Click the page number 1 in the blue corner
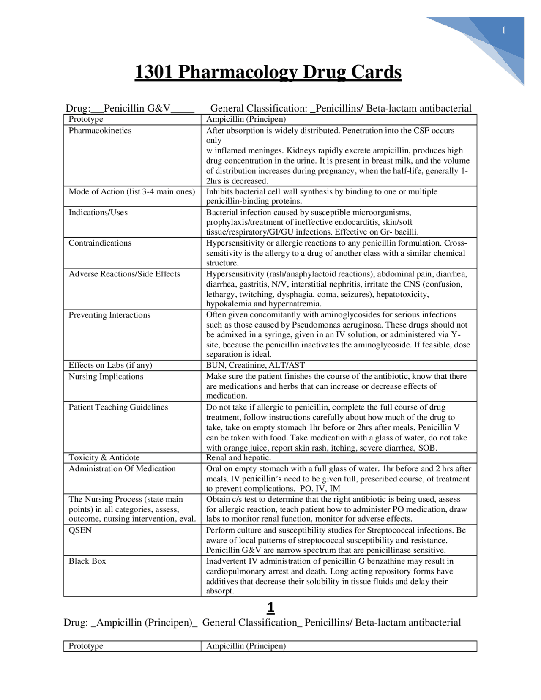pyautogui.click(x=503, y=30)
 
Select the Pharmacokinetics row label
pyautogui.click(x=100, y=131)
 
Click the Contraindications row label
pyautogui.click(x=100, y=243)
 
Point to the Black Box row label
pyautogui.click(x=87, y=561)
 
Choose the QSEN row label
pyautogui.click(x=80, y=530)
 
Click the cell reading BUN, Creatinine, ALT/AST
pyautogui.click(x=255, y=365)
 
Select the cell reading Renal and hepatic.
pyautogui.click(x=238, y=458)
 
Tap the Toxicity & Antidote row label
pyautogui.click(x=104, y=458)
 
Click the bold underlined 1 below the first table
pyautogui.click(x=271, y=608)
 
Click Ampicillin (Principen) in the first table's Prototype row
pyautogui.click(x=246, y=119)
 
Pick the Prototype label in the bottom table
pyautogui.click(x=86, y=646)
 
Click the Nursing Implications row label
pyautogui.click(x=106, y=377)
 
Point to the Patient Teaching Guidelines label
pyautogui.click(x=118, y=407)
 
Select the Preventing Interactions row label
pyautogui.click(x=109, y=315)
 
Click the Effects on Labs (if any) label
pyautogui.click(x=110, y=365)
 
